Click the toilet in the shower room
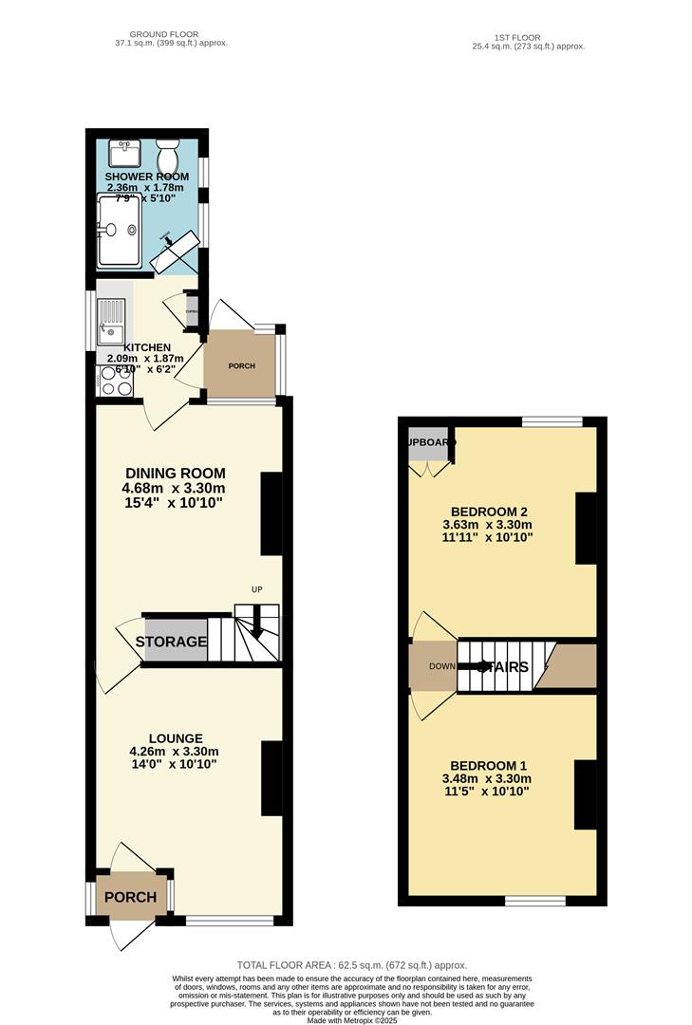169,153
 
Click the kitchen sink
110,319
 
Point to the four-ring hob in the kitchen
115,380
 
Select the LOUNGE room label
176,738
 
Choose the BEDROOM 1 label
488,766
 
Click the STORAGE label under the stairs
171,643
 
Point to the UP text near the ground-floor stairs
256,590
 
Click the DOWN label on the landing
441,666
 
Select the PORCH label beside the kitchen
241,366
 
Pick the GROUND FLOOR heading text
165,34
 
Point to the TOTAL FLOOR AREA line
346,965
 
